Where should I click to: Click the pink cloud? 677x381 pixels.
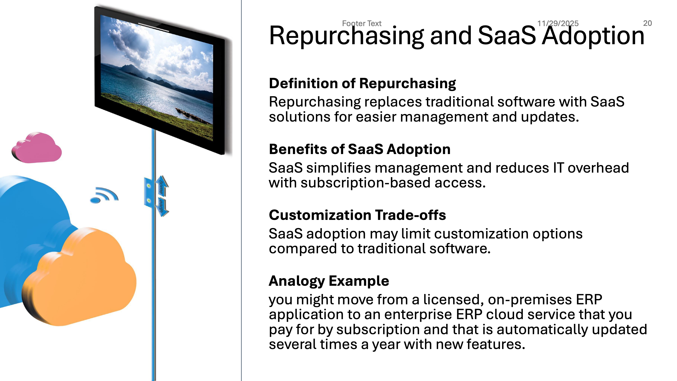tap(37, 148)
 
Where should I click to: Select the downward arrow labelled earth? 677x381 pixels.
tap(162, 207)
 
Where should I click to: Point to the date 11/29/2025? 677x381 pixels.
tap(558, 24)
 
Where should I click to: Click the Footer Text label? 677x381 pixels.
tap(362, 24)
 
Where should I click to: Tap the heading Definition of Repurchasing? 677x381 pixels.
tap(362, 84)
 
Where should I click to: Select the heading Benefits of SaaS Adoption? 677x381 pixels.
tap(359, 149)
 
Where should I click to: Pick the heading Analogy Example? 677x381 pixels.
tap(329, 281)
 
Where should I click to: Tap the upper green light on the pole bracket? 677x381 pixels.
tap(149, 186)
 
